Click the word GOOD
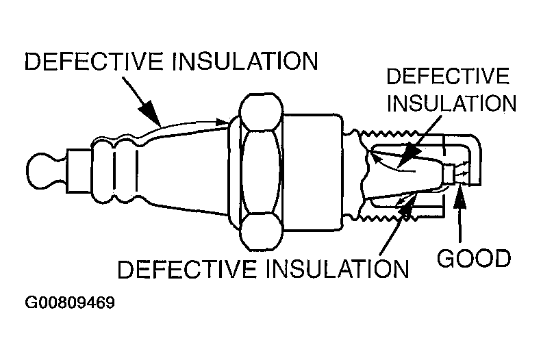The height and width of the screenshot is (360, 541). coord(475,259)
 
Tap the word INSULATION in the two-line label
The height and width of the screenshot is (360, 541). coord(451,103)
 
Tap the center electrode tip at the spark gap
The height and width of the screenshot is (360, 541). coord(453,174)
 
